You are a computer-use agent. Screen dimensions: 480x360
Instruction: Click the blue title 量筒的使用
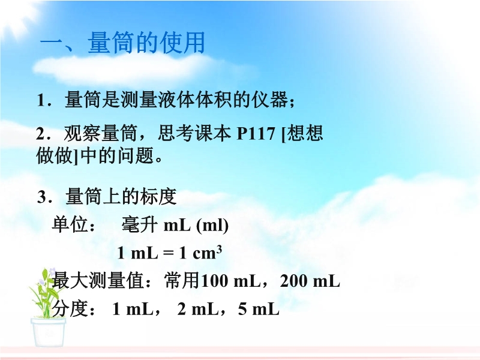[146, 42]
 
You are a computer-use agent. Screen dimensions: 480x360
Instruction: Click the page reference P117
[256, 133]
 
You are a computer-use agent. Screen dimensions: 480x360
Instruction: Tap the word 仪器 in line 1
[269, 100]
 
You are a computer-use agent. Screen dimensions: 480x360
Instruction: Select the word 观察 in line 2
[82, 133]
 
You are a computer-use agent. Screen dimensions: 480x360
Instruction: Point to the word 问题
[136, 155]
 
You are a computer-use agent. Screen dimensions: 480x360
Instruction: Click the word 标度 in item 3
[158, 197]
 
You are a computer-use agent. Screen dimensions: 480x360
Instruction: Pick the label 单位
[70, 224]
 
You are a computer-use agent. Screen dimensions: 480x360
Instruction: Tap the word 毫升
[140, 224]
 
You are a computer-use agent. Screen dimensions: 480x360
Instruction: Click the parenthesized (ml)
[212, 226]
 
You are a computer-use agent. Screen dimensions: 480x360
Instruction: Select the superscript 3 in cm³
[219, 250]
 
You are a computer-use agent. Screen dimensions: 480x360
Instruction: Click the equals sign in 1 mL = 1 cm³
[168, 253]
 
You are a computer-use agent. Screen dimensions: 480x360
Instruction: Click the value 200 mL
[310, 281]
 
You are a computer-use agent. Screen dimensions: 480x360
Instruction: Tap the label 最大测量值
[98, 281]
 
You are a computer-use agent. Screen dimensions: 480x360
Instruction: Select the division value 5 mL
[259, 309]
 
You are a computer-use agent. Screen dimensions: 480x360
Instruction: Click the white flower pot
[49, 332]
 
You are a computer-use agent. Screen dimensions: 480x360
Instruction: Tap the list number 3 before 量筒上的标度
[41, 197]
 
